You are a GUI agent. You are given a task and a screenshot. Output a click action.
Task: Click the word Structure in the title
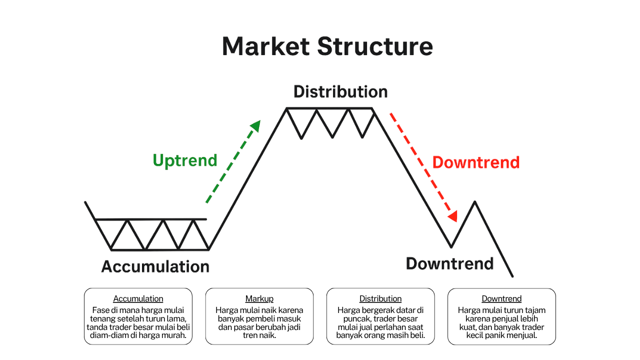coord(374,46)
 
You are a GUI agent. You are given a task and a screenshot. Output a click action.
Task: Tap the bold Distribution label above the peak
coord(340,92)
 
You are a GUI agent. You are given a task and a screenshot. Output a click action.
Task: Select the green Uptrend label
coord(185,160)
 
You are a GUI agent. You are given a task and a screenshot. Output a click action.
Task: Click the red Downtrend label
coord(476,162)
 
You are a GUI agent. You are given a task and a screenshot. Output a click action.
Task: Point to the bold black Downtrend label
coord(449,263)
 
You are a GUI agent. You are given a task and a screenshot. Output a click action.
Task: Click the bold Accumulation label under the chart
coord(155,266)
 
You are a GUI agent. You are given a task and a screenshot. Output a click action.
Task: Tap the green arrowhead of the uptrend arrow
coord(256,125)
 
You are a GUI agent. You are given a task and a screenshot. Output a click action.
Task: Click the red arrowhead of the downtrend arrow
coord(452,216)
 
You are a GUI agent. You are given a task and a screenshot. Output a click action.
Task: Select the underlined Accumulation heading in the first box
coord(138,298)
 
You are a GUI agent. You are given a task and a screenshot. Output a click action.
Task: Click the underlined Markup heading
coord(259,298)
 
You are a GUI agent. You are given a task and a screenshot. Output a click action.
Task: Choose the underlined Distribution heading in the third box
coord(380,298)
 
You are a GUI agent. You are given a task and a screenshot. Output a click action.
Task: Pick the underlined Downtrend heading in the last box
coord(501,298)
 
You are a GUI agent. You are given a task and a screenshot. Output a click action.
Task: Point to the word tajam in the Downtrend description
coord(534,310)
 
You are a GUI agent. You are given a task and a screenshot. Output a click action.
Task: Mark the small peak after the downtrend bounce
coord(474,202)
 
